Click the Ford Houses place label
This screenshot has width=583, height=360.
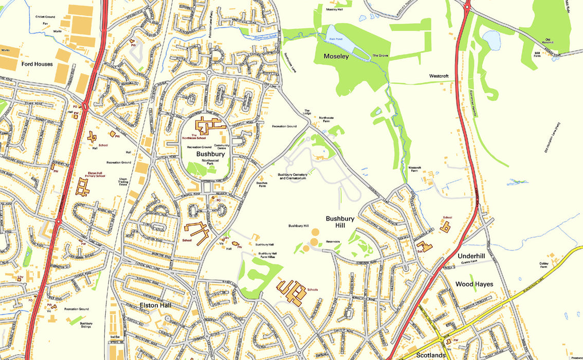click(x=38, y=64)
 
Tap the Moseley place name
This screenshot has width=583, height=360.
click(x=336, y=56)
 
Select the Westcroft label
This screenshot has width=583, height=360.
click(x=439, y=76)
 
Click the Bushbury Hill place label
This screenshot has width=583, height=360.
click(x=340, y=222)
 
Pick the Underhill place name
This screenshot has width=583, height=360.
click(x=470, y=256)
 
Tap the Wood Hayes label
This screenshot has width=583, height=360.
click(x=474, y=284)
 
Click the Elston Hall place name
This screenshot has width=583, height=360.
click(x=155, y=305)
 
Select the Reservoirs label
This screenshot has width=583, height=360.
click(x=333, y=241)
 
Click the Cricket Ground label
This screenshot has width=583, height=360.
click(x=45, y=16)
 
